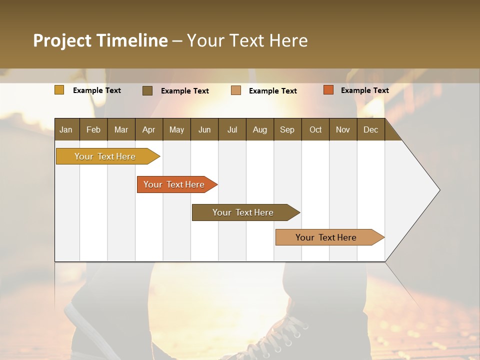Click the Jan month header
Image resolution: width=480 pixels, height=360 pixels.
pyautogui.click(x=66, y=129)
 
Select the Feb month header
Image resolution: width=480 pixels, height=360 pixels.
pyautogui.click(x=93, y=129)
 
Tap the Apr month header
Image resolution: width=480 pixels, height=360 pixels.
pyautogui.click(x=148, y=129)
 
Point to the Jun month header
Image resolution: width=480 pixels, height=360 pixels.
pyautogui.click(x=204, y=129)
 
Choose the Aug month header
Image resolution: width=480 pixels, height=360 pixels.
pyautogui.click(x=259, y=129)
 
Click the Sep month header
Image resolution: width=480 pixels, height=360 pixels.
pyautogui.click(x=287, y=129)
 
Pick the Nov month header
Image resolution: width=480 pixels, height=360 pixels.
pyautogui.click(x=342, y=129)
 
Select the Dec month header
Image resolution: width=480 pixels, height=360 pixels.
pyautogui.click(x=370, y=129)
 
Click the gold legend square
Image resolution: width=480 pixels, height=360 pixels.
pyautogui.click(x=59, y=90)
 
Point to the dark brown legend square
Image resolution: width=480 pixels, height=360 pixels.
pyautogui.click(x=147, y=90)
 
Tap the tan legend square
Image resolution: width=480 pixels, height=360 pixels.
pyautogui.click(x=236, y=90)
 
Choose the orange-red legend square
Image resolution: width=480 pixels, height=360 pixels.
pyautogui.click(x=328, y=90)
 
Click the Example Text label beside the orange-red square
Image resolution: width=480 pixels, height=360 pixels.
pyautogui.click(x=364, y=90)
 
